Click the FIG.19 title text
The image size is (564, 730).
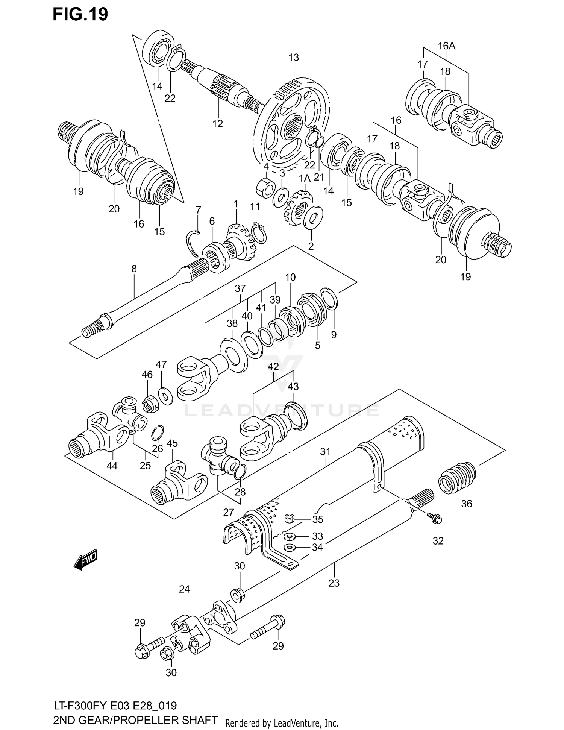(80, 14)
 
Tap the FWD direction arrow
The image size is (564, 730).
(85, 560)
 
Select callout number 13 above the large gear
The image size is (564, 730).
(293, 58)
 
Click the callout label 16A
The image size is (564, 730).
(446, 46)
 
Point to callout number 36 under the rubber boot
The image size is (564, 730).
(466, 504)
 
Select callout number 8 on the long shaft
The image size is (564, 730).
(134, 269)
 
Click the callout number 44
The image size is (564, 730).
(112, 466)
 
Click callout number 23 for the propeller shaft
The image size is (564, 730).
(334, 583)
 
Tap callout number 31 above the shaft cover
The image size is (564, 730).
(325, 452)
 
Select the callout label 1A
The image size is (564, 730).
(304, 178)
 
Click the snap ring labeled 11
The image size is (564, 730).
(260, 233)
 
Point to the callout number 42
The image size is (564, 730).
(273, 367)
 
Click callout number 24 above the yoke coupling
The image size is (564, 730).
(184, 589)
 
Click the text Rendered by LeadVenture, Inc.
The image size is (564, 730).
(282, 723)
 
